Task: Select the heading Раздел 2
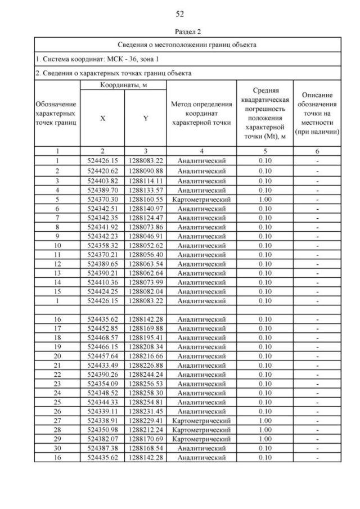(x=180, y=32)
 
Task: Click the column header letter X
(x=102, y=119)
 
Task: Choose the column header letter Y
(x=145, y=119)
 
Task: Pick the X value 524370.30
(x=102, y=199)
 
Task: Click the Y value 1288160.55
(x=145, y=199)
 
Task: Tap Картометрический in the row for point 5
(x=201, y=199)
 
